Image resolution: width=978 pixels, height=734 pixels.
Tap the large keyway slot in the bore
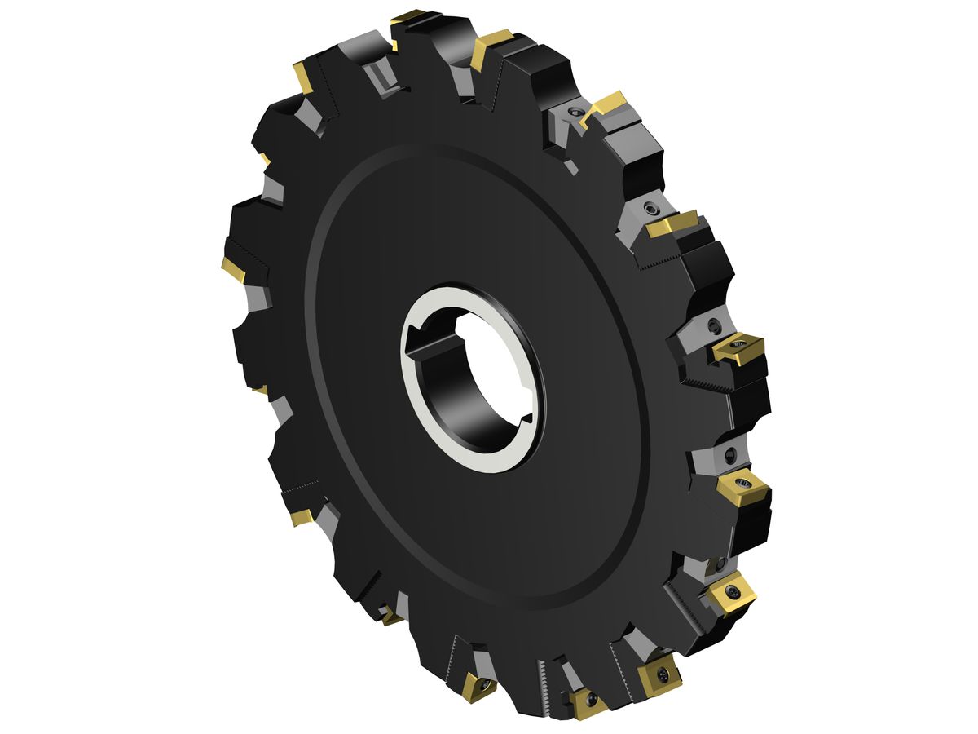coord(424,343)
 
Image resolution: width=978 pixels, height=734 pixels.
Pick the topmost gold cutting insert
coord(407,16)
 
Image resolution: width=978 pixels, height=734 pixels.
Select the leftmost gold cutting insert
coord(233,269)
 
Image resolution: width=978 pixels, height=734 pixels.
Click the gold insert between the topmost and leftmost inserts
coord(304,77)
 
